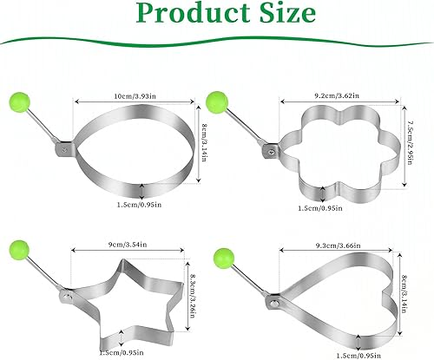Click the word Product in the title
coord(194,13)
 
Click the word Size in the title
coord(287,12)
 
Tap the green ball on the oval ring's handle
coord(20,102)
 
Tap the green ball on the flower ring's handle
coord(217,101)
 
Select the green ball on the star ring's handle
coord(19,250)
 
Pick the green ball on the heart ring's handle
coord(224,258)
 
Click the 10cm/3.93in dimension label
coord(135,96)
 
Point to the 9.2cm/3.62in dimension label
coord(337,95)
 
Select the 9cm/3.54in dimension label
coord(128,245)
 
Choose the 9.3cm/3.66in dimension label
coord(339,245)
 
